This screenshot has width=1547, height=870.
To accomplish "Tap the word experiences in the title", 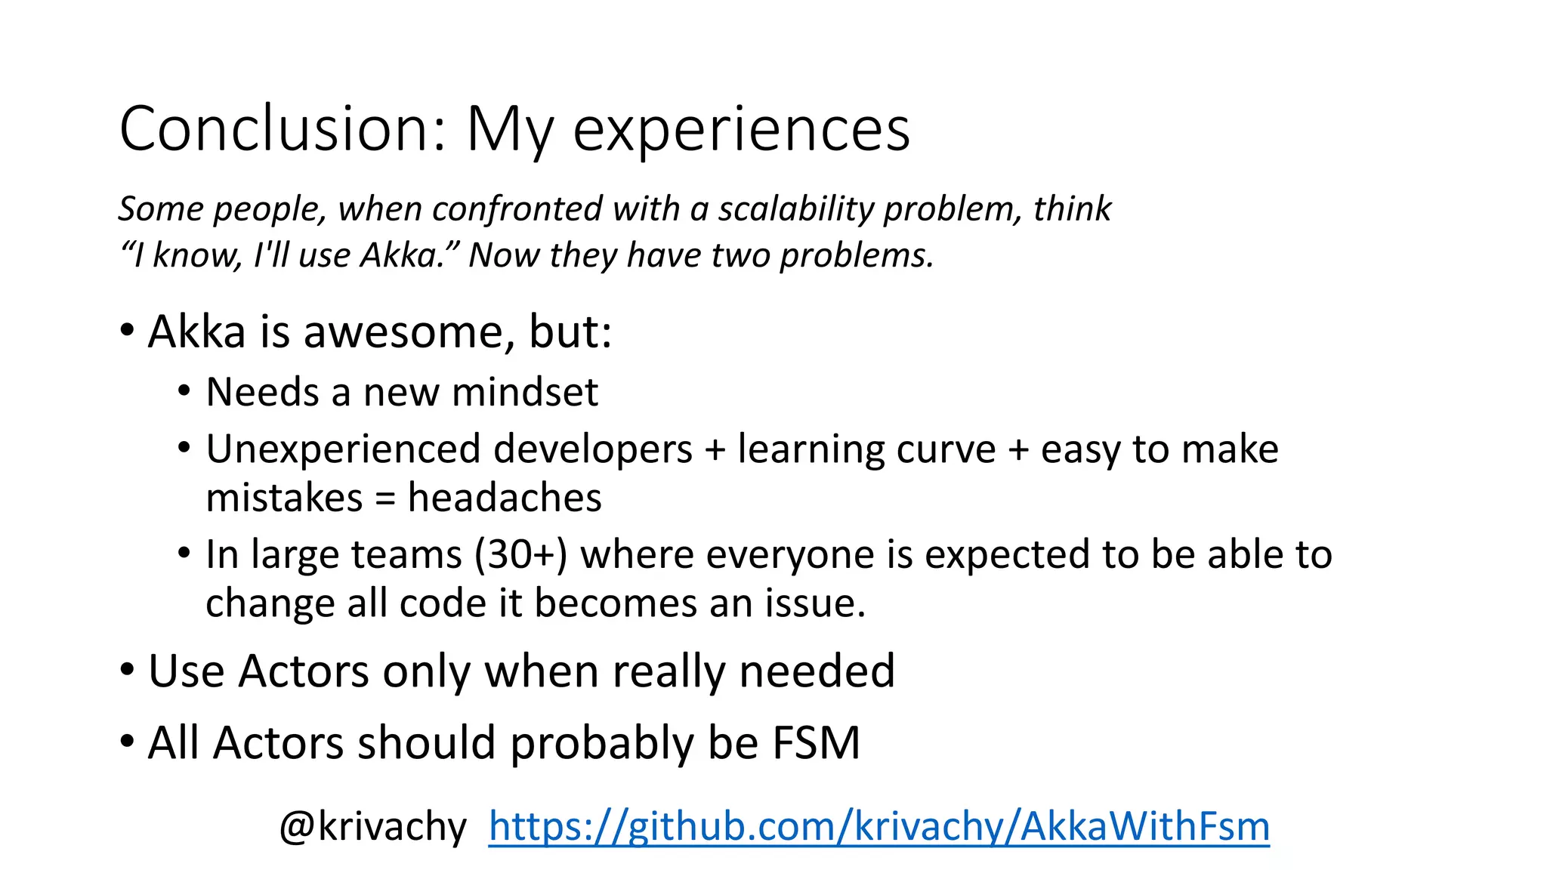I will [741, 129].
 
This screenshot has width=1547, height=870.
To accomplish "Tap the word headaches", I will [505, 498].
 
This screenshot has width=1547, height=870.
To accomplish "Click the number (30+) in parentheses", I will [520, 555].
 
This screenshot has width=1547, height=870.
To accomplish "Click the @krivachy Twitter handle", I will [373, 826].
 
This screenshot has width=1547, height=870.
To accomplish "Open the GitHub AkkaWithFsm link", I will [878, 826].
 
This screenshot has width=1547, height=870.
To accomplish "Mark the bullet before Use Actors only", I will [127, 670].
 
